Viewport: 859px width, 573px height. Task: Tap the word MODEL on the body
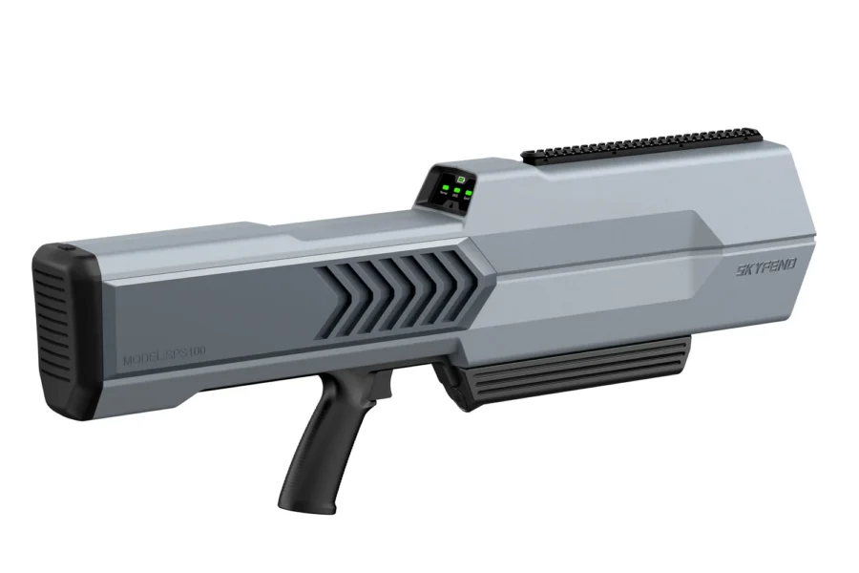(141, 361)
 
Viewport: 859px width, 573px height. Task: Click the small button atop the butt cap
(68, 247)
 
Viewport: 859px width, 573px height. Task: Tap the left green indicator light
(446, 191)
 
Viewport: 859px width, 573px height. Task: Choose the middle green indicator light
(457, 192)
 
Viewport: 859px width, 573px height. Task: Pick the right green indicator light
(469, 193)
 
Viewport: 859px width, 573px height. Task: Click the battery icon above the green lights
(458, 180)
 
